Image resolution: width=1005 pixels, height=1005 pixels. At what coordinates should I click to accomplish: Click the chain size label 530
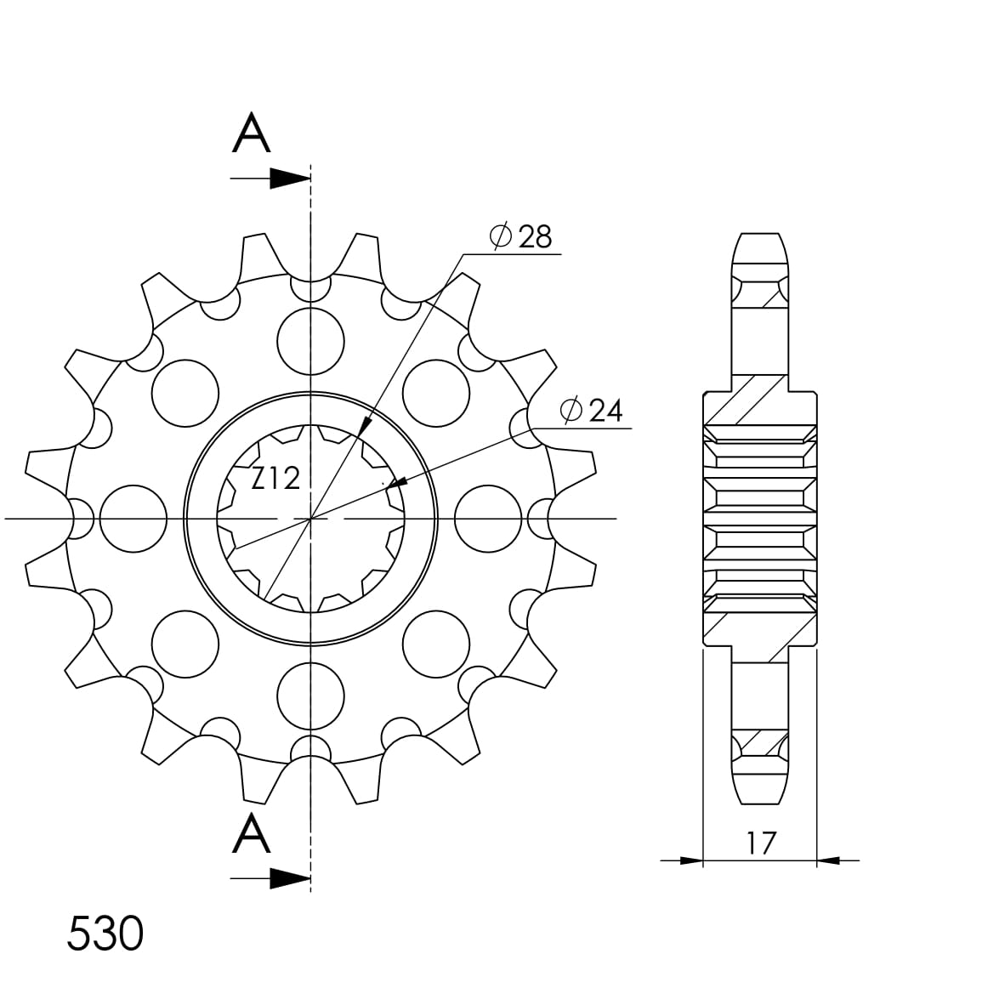105,934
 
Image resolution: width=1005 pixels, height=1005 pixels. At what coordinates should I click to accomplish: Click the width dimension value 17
761,843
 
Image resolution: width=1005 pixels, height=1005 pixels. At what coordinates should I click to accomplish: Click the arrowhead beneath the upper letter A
289,179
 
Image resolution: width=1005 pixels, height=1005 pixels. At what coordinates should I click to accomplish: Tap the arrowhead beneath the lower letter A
289,878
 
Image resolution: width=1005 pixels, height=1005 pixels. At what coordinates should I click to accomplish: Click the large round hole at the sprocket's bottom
312,695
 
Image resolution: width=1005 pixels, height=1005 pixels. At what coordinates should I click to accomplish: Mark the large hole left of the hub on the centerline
133,518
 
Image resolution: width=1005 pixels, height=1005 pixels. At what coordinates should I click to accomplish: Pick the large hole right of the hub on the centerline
488,518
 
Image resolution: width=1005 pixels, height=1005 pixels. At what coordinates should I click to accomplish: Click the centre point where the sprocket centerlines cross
311,518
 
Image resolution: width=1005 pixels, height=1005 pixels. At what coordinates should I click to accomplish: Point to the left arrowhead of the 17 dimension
691,860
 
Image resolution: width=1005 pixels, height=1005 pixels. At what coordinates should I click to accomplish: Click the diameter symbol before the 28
501,237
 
